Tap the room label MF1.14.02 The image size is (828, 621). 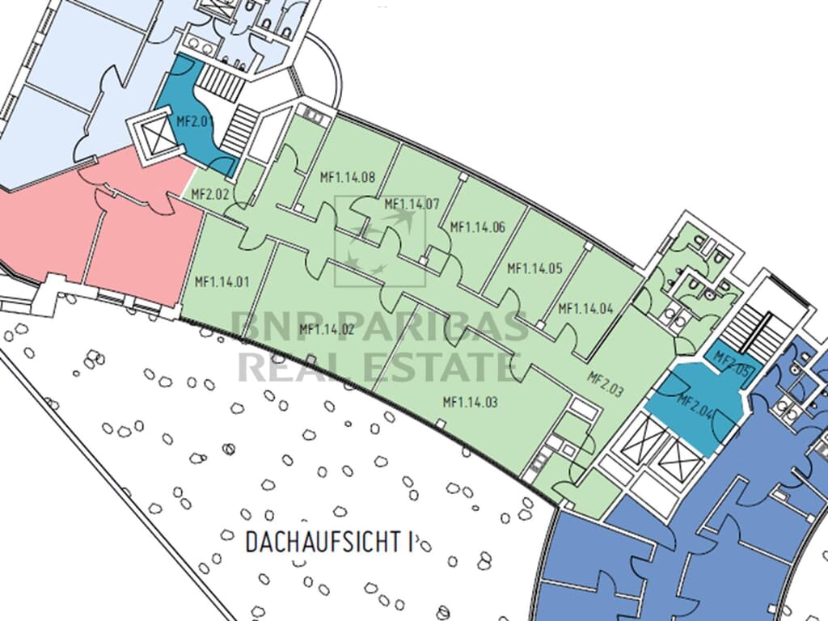pyautogui.click(x=327, y=329)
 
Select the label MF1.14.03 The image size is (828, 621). pyautogui.click(x=470, y=401)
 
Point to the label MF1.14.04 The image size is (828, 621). pyautogui.click(x=585, y=308)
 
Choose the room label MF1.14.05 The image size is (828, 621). pyautogui.click(x=534, y=267)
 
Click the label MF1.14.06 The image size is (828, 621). pyautogui.click(x=477, y=227)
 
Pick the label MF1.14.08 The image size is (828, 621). pyautogui.click(x=347, y=178)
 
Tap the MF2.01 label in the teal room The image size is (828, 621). pyautogui.click(x=191, y=122)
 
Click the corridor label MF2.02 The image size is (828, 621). pyautogui.click(x=209, y=194)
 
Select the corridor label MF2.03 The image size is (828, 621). pyautogui.click(x=605, y=383)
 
